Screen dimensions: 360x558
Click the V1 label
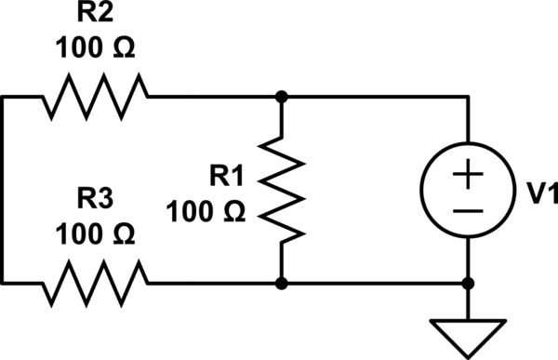click(538, 193)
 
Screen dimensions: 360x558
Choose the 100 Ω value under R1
click(206, 211)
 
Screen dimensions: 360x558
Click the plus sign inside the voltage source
click(468, 173)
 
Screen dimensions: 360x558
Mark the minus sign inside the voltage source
click(468, 210)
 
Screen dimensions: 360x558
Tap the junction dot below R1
click(281, 281)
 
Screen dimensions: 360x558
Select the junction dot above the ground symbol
click(468, 281)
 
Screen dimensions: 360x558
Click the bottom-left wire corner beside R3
click(4, 281)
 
